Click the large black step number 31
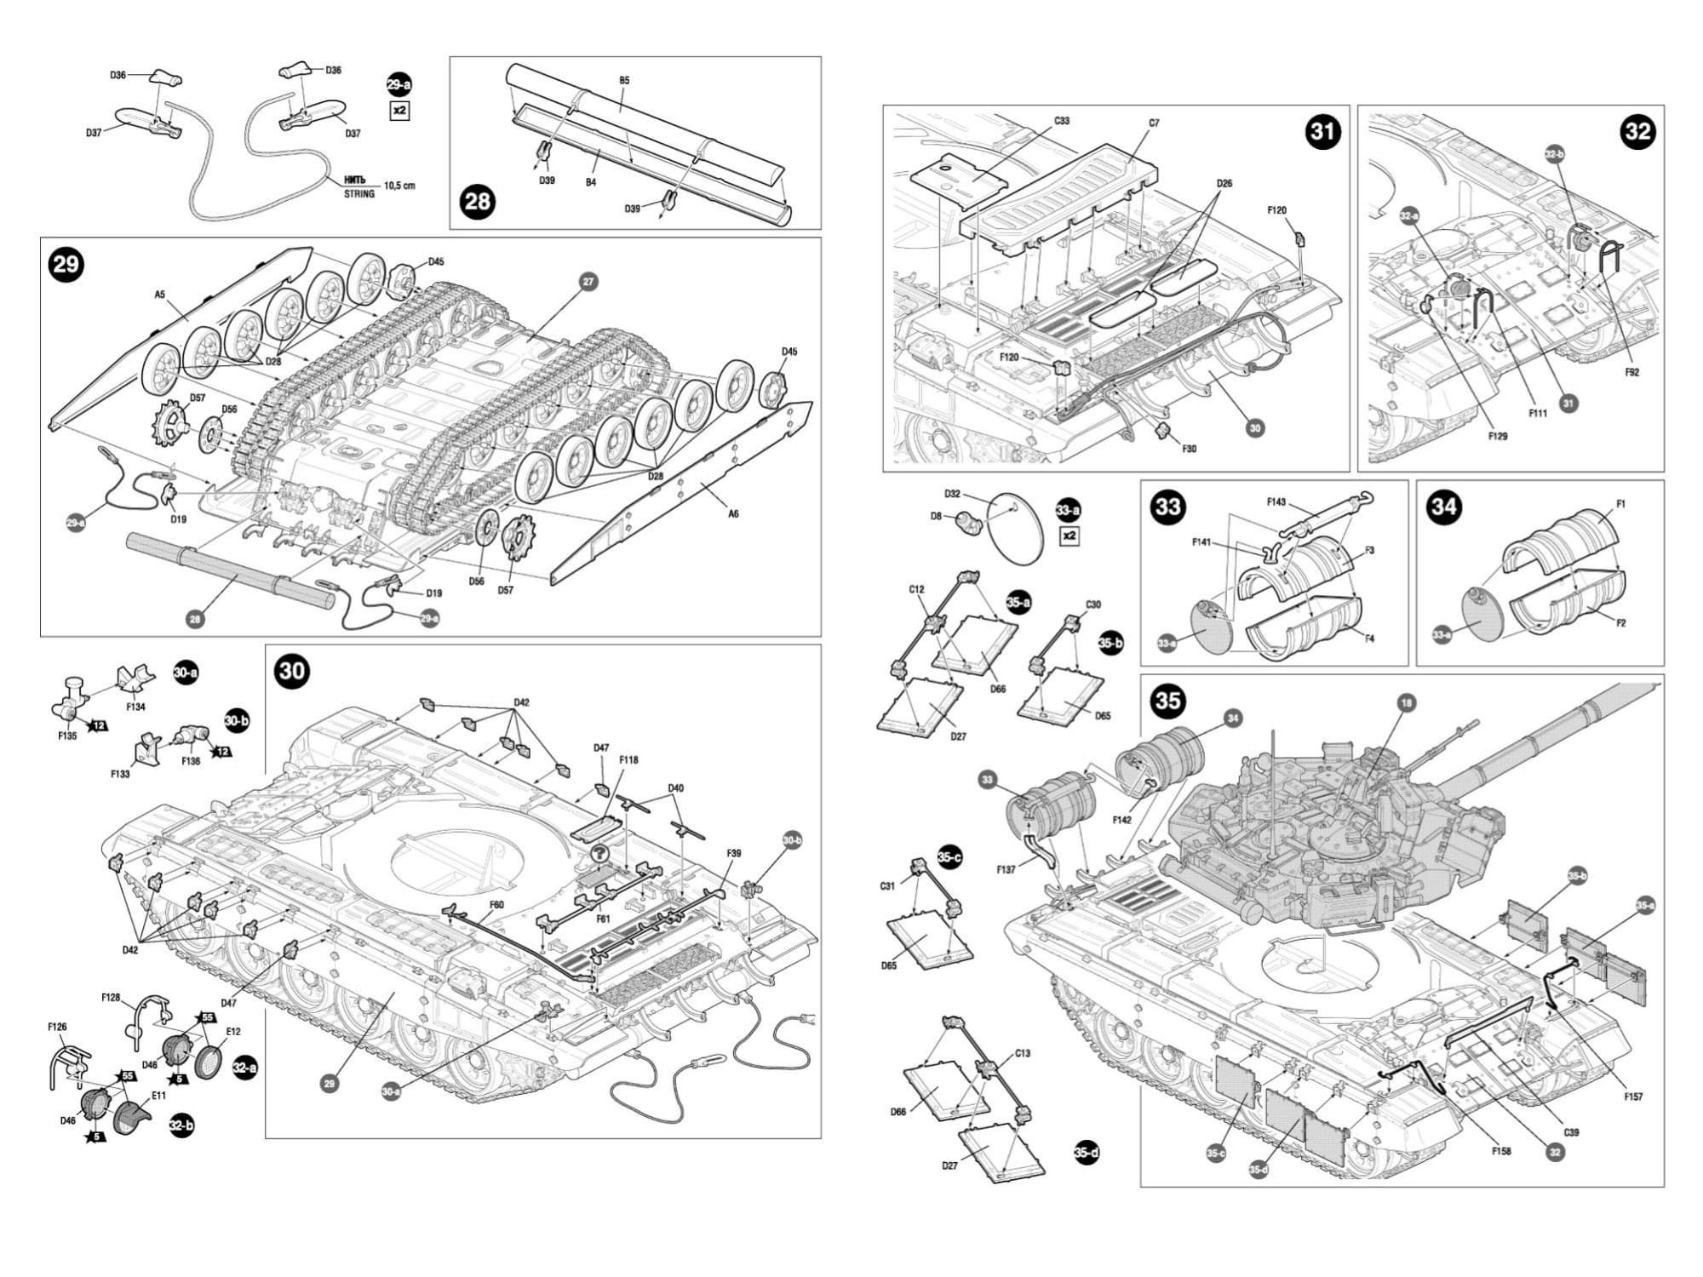pos(1322,132)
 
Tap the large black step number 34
pos(1444,507)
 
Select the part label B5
pos(624,81)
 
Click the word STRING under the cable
pos(358,194)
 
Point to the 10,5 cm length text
pos(399,186)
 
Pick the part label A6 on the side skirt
pos(734,513)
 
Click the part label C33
pos(1062,121)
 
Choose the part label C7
pos(1154,123)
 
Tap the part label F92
pos(1631,372)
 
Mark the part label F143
pos(1276,502)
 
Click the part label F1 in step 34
pos(1620,504)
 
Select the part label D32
pos(952,494)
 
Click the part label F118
pos(628,760)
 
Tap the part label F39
pos(734,852)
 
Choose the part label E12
pos(232,1032)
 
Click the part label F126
pos(57,1028)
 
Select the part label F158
pos(1501,1151)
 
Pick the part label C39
pos(1572,1132)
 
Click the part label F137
pos(1006,870)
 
